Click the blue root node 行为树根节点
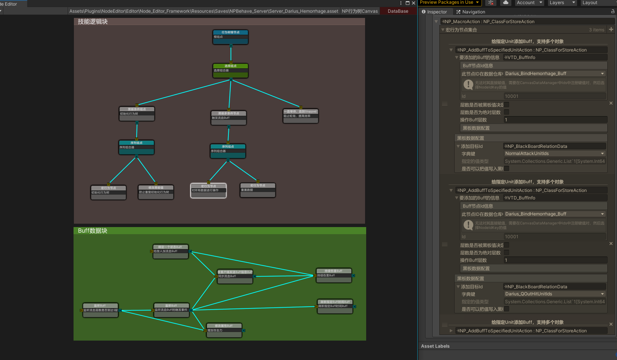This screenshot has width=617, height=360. [231, 37]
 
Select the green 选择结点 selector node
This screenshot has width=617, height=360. [231, 71]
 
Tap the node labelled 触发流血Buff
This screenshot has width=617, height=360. [228, 118]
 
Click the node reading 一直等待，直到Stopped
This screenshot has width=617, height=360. [300, 116]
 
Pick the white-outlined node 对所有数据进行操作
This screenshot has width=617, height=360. [209, 190]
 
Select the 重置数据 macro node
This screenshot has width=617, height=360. [258, 190]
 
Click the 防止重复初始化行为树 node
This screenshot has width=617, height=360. [156, 192]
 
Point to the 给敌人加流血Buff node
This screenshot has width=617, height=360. [171, 252]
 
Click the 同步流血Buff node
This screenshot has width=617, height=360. [235, 277]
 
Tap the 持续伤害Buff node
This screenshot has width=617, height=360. [334, 276]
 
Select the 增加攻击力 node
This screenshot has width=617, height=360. [224, 330]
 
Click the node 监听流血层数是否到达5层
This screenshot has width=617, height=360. [100, 310]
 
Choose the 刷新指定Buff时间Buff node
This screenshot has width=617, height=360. [335, 306]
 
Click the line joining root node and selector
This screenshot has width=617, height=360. [231, 54]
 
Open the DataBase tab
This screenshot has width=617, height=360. [398, 11]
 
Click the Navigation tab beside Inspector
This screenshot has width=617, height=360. [471, 12]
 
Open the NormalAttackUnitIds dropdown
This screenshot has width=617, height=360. [554, 153]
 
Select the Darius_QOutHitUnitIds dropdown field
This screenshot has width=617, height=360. [554, 294]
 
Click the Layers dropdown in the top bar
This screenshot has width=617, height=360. [562, 3]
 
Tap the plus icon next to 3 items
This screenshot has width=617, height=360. [611, 30]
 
